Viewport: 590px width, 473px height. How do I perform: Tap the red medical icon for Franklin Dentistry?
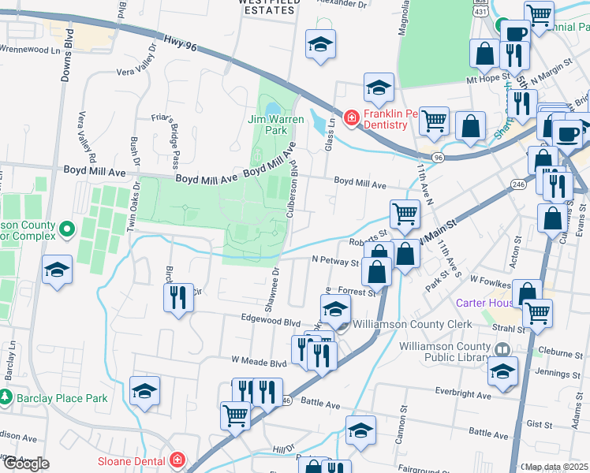[x=350, y=117]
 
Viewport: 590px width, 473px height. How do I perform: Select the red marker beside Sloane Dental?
[x=178, y=460]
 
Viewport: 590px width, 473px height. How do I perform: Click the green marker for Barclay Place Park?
[x=6, y=398]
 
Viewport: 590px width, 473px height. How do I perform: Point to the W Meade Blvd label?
[x=258, y=363]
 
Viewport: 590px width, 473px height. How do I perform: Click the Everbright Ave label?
[x=471, y=391]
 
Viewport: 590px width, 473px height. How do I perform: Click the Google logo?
[x=26, y=464]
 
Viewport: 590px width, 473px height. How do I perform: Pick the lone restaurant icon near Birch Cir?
[x=177, y=297]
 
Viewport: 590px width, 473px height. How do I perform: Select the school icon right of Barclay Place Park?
[x=144, y=390]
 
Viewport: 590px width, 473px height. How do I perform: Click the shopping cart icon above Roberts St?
[x=405, y=213]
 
